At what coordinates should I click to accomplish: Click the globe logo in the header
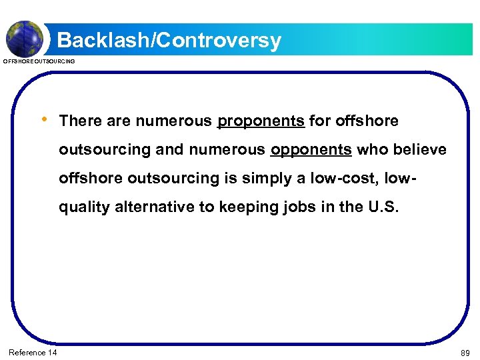[25, 37]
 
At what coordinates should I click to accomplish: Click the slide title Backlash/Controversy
[169, 41]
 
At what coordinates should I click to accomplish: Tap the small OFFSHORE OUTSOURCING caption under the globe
[39, 61]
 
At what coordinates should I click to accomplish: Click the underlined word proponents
[261, 121]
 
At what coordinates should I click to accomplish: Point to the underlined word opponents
[311, 150]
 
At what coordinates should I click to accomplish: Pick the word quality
[84, 207]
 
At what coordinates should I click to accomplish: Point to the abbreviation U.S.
[384, 207]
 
